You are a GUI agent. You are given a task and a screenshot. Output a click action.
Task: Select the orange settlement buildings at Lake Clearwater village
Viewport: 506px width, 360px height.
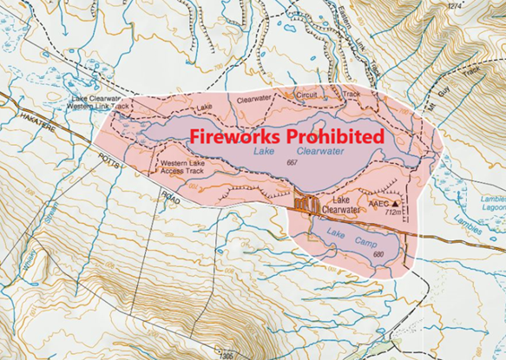[304, 205]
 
